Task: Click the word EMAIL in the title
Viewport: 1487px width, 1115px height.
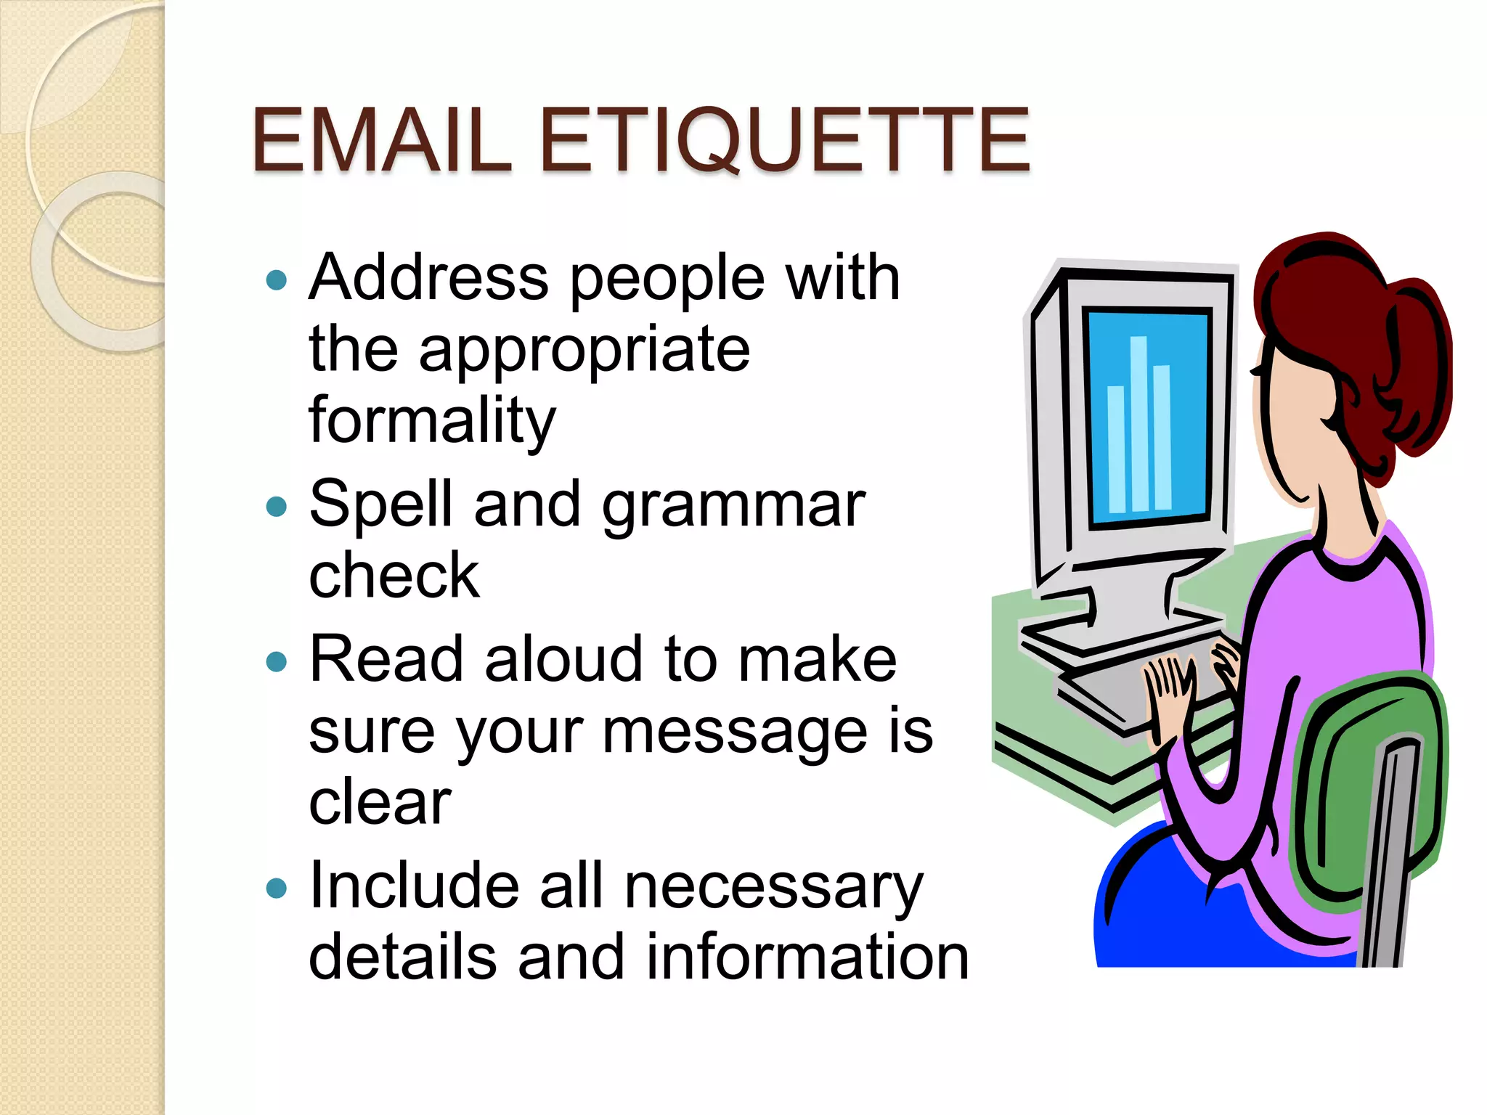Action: click(x=382, y=139)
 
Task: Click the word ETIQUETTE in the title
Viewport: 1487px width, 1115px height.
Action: click(x=785, y=139)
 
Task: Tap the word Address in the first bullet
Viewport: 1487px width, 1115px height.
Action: click(x=428, y=277)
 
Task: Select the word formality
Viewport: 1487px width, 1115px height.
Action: click(x=432, y=421)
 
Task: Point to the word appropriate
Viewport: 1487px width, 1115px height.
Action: click(x=584, y=351)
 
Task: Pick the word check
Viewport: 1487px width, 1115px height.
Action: click(x=394, y=575)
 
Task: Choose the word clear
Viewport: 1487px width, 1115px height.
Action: click(x=380, y=802)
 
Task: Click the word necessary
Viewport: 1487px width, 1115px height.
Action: click(x=774, y=887)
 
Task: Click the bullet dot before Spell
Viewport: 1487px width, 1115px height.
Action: click(x=277, y=506)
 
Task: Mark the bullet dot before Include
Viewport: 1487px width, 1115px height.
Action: click(x=277, y=887)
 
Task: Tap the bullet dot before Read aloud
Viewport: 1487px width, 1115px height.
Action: click(x=277, y=661)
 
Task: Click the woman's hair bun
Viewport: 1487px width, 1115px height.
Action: click(x=1419, y=363)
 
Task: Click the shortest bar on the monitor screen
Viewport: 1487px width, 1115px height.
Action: click(x=1116, y=450)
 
